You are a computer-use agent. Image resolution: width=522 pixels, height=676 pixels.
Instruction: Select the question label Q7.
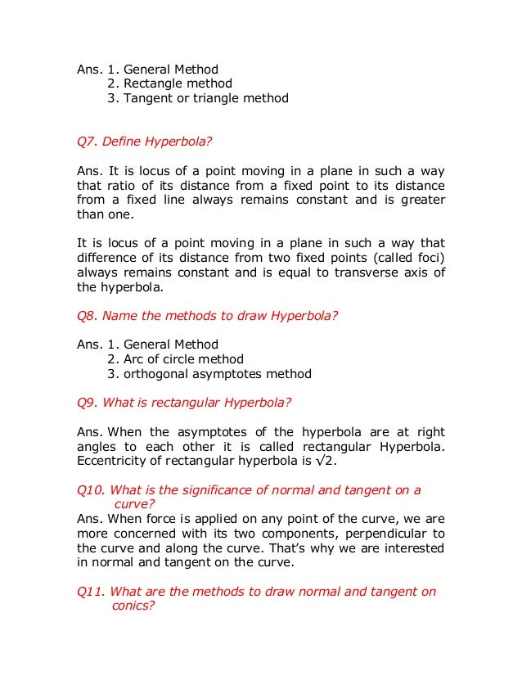[x=87, y=142]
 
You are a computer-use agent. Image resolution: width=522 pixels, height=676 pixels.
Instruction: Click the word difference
[x=106, y=258]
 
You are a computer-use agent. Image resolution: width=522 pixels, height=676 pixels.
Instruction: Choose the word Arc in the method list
[x=134, y=359]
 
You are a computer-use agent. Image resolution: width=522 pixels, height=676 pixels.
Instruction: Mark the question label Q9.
[x=87, y=403]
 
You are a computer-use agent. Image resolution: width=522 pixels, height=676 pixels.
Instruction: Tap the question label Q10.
[x=90, y=490]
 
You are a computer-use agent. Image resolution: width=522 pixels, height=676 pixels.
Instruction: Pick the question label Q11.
[x=90, y=591]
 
